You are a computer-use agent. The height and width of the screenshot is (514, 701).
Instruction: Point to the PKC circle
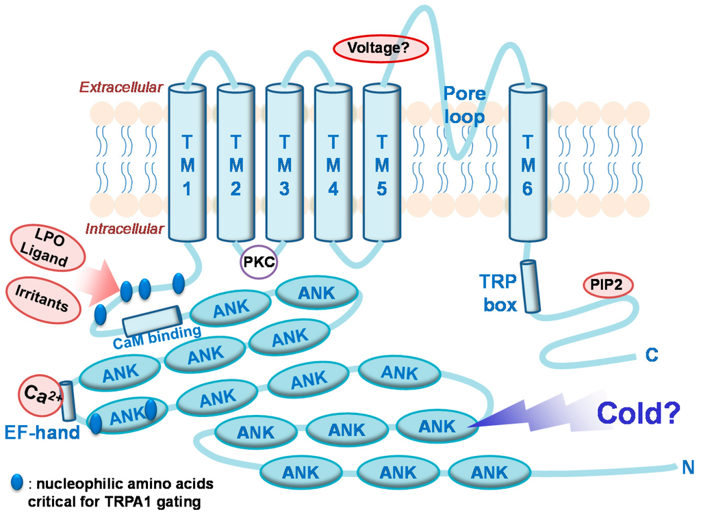(259, 263)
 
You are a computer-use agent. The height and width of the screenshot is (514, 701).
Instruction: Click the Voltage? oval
(380, 49)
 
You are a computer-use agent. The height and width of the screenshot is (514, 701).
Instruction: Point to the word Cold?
(638, 412)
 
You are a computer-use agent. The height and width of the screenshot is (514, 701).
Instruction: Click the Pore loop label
(465, 105)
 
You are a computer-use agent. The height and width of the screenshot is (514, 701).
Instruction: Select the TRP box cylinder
(531, 286)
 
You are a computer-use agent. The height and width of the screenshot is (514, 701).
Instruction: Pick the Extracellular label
(121, 87)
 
